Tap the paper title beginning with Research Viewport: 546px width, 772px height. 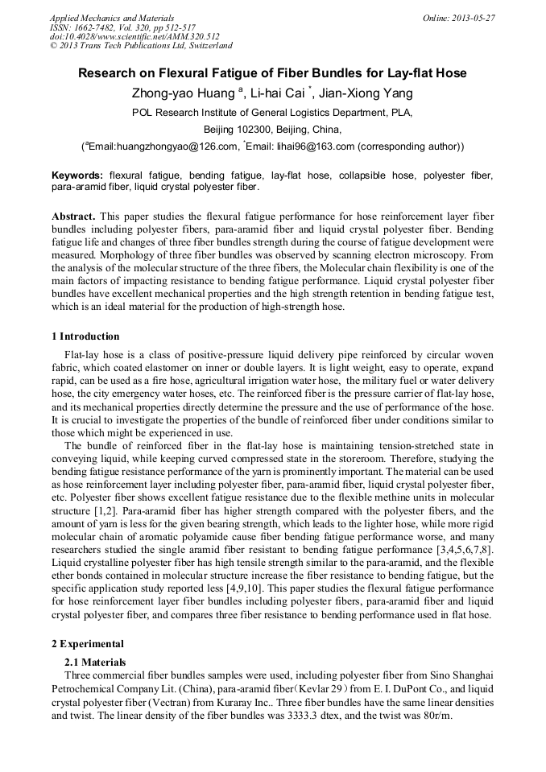coord(272,73)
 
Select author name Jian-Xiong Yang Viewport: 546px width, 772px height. coord(372,93)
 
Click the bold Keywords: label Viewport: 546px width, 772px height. coord(77,175)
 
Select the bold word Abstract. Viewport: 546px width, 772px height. coord(73,217)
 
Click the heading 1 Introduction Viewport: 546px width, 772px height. coord(85,336)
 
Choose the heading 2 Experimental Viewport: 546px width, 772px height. coord(87,644)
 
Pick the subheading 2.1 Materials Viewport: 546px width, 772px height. coord(95,662)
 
